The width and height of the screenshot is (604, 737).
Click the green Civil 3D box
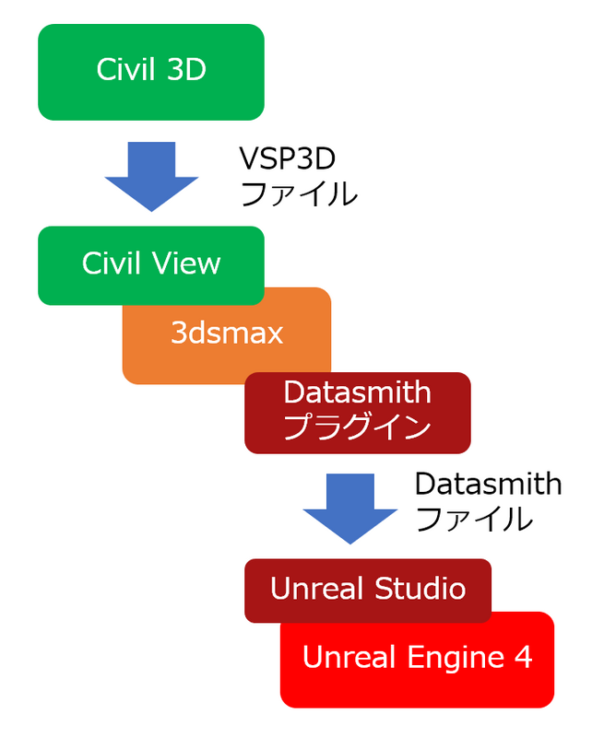click(x=151, y=72)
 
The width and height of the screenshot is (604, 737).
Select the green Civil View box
click(x=151, y=265)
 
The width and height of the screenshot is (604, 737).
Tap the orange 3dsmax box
click(x=227, y=334)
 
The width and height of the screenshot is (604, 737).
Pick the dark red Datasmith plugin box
click(x=358, y=413)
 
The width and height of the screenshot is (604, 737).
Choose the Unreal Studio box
click(x=368, y=591)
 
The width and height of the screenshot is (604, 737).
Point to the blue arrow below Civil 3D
click(x=151, y=176)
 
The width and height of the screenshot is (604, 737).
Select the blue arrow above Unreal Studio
click(x=350, y=509)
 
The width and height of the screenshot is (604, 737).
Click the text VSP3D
click(x=288, y=158)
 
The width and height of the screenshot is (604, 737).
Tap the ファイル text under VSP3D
click(x=299, y=193)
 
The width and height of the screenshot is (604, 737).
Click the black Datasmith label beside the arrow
click(x=489, y=484)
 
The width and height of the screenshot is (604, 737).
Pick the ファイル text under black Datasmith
click(x=474, y=519)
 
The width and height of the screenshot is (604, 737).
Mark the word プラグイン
click(x=358, y=426)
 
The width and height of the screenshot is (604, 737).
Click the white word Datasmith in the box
click(x=358, y=392)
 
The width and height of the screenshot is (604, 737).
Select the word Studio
click(x=420, y=588)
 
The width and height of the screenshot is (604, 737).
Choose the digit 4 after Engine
click(x=523, y=657)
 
